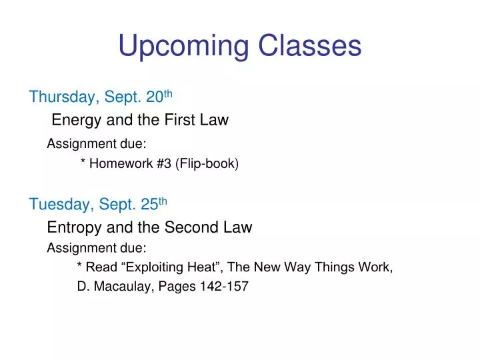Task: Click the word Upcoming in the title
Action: tap(180, 47)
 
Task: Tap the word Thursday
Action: tap(62, 97)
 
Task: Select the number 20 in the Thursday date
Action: tap(155, 97)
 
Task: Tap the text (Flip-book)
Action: tap(207, 163)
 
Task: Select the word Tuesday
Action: tap(59, 204)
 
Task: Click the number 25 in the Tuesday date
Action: tap(149, 204)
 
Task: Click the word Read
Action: tap(101, 268)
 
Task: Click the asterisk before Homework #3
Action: tap(83, 163)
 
